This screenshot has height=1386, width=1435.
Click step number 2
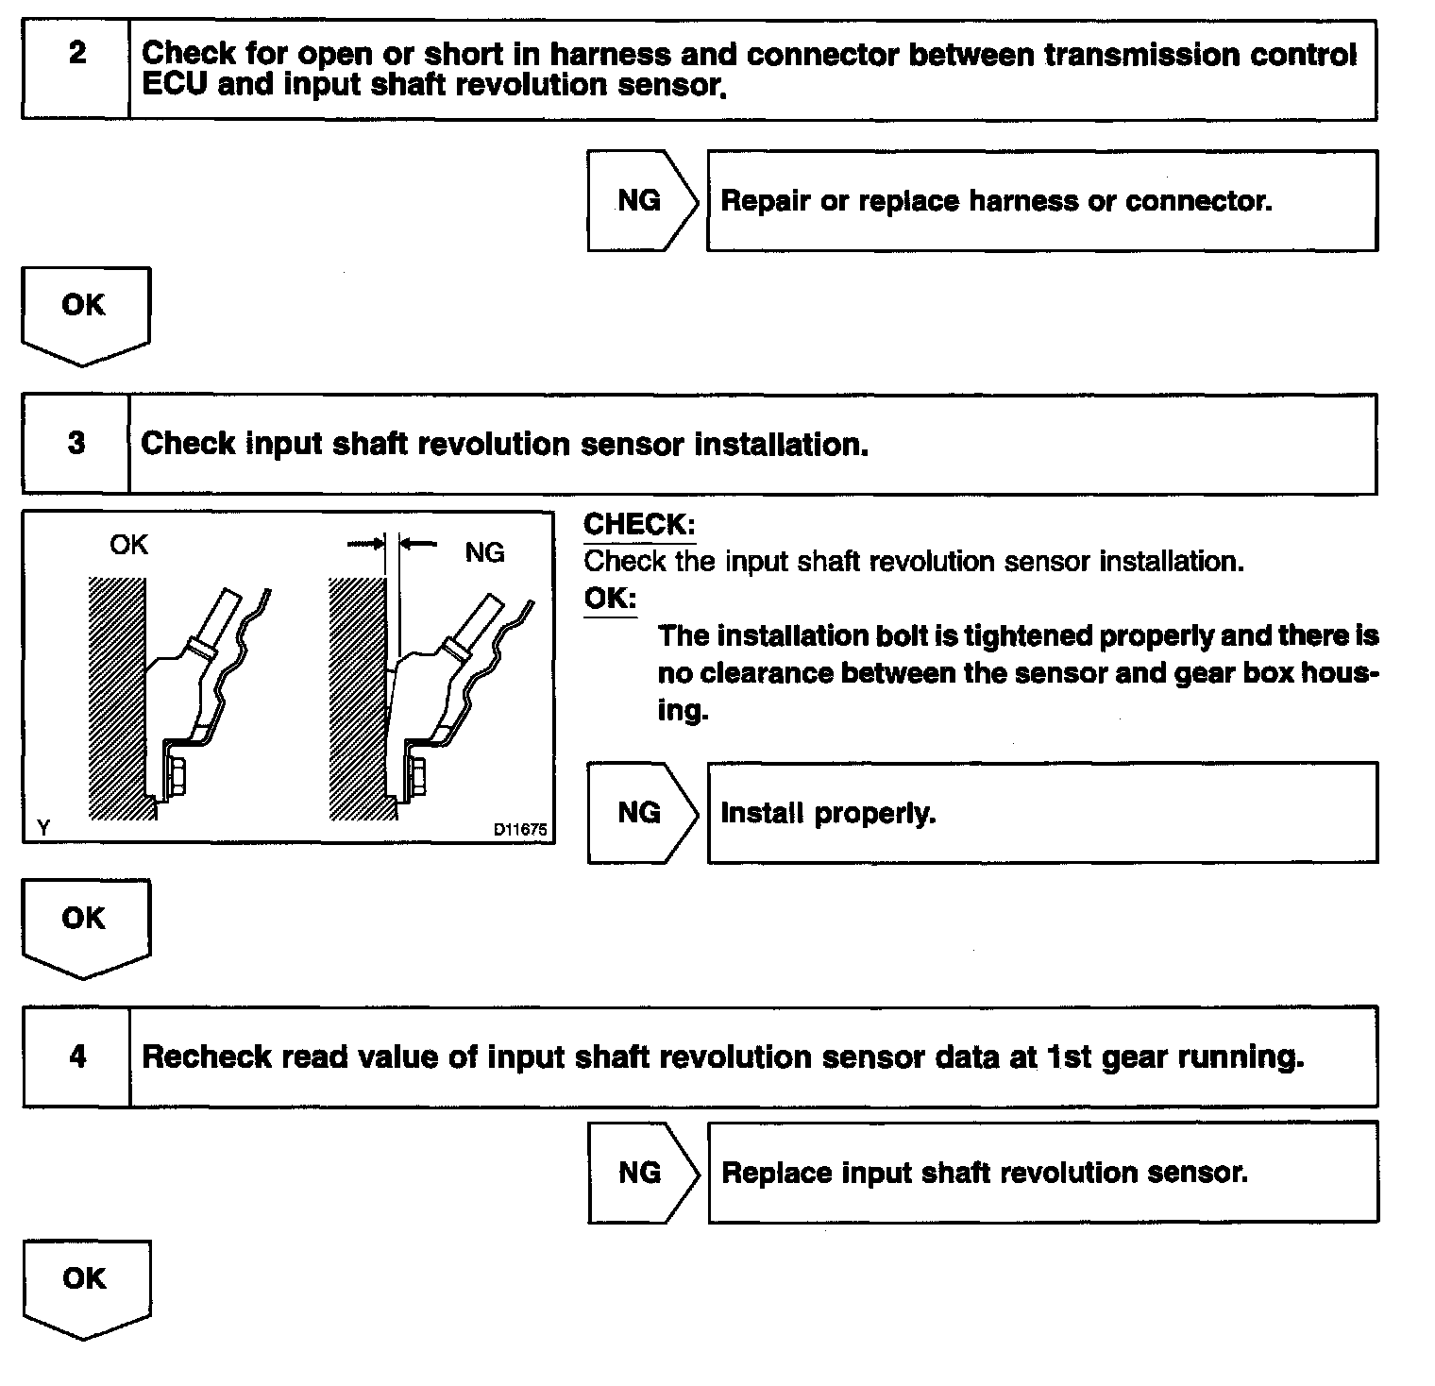[x=76, y=53]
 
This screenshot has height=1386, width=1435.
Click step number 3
[x=76, y=443]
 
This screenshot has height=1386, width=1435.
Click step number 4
[x=77, y=1055]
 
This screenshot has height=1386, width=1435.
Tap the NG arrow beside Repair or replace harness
[x=641, y=200]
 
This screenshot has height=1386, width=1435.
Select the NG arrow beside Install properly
[x=641, y=812]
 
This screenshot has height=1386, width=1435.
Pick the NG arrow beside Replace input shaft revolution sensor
[x=641, y=1172]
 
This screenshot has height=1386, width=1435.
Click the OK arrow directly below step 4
[x=85, y=1287]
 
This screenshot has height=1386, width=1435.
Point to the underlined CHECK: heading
[x=639, y=525]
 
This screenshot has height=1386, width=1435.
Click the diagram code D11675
[x=519, y=830]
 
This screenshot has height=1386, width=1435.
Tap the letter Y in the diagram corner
[x=43, y=828]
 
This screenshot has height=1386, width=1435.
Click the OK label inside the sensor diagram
[x=128, y=545]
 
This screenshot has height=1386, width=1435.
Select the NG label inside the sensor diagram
[x=484, y=552]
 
